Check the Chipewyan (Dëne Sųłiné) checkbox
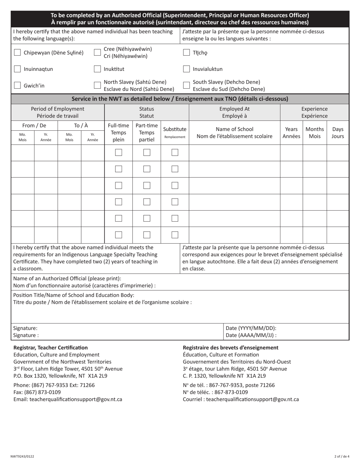17,53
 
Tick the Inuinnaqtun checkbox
17,69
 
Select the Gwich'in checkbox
17,85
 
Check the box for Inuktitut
97,69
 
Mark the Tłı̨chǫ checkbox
186,53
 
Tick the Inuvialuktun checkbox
186,69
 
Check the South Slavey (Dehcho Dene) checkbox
186,85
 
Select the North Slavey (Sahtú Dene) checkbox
97,85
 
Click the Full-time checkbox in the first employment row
118,153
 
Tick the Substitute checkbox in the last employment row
175,235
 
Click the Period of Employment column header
58,112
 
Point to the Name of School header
234,132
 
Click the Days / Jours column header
338,132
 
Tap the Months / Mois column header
315,132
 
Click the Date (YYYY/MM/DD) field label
251,328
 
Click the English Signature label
25,328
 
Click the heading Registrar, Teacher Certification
50,347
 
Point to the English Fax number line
37,392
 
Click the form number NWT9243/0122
22,457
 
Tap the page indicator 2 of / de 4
342,457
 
